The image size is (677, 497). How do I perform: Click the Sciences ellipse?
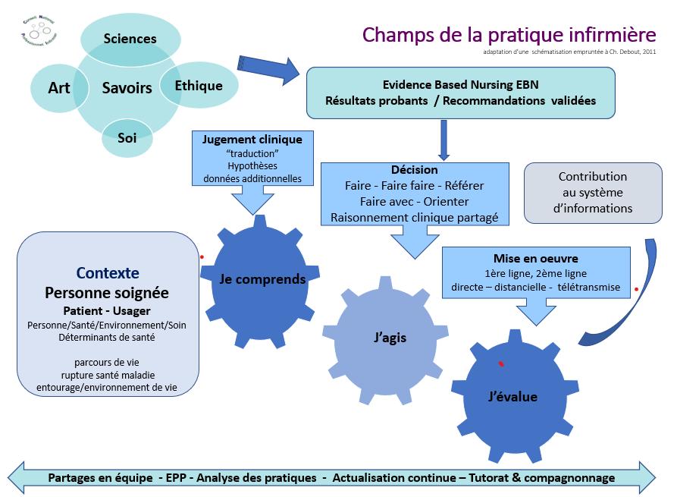click(130, 38)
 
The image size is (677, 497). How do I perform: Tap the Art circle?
click(59, 88)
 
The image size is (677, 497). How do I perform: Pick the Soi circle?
click(127, 138)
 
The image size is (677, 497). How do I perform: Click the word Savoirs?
click(127, 88)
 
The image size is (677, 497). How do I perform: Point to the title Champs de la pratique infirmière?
click(509, 35)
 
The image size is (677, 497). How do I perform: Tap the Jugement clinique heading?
click(252, 140)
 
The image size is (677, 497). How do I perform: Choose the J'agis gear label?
click(390, 338)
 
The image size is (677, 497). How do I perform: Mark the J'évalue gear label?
click(512, 397)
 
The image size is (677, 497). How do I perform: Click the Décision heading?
click(414, 170)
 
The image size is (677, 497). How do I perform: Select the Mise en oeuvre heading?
click(535, 259)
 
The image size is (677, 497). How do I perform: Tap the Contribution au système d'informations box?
click(593, 192)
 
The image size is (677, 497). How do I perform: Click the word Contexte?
click(107, 273)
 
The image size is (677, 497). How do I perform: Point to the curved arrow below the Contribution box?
click(633, 304)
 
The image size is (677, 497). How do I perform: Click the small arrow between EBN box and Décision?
click(444, 140)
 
